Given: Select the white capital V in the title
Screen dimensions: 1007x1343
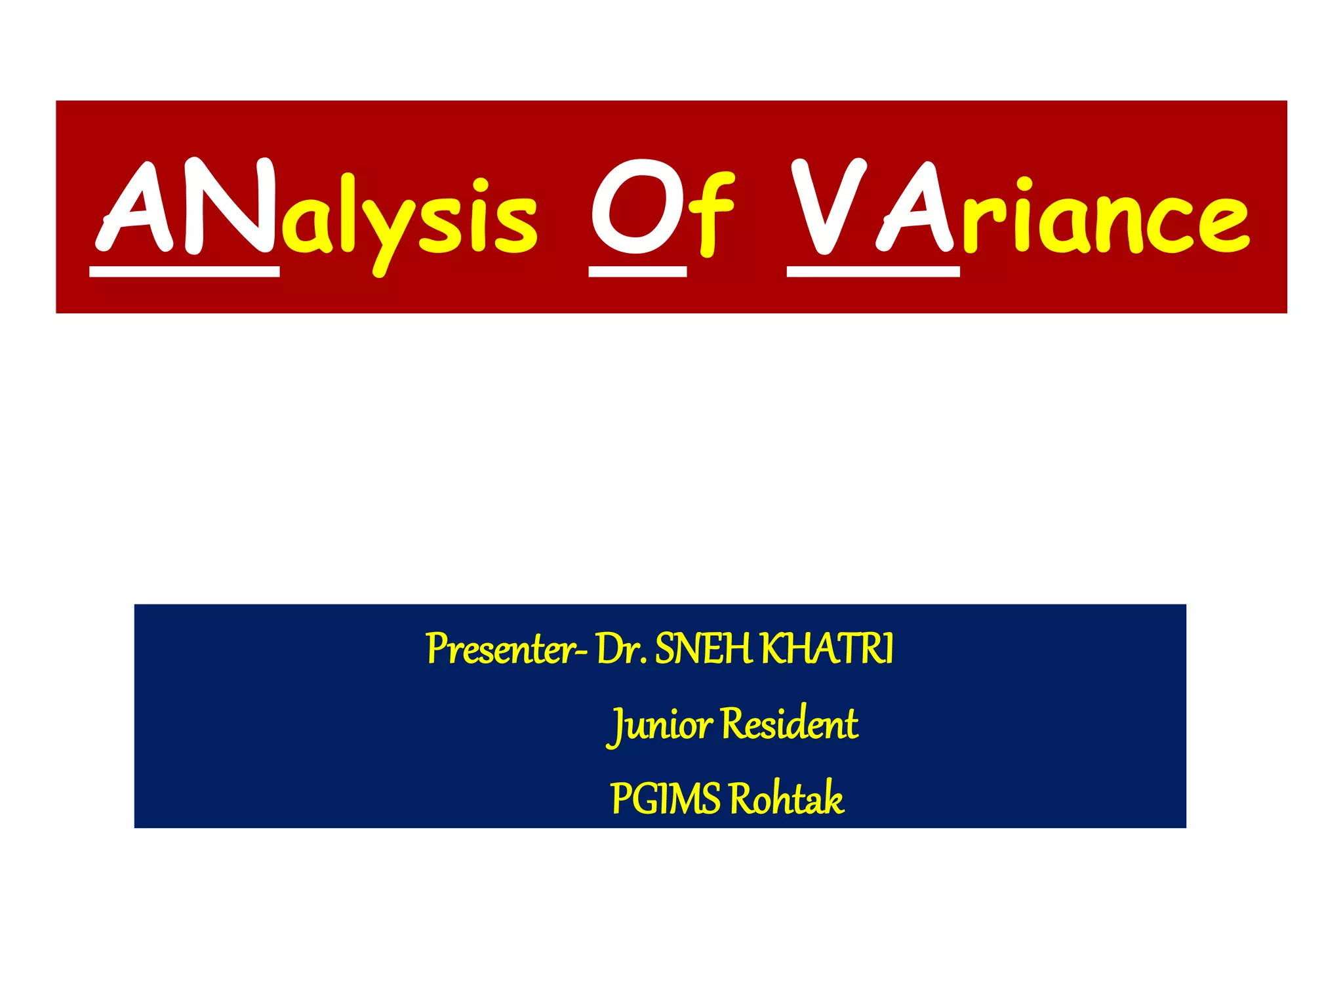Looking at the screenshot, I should [828, 206].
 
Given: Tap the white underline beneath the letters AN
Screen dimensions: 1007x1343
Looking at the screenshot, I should [184, 271].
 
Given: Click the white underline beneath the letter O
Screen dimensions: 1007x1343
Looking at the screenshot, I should [637, 271].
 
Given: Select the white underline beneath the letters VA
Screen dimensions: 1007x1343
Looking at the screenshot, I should [873, 271].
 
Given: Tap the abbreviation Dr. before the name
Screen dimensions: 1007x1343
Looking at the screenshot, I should [622, 649].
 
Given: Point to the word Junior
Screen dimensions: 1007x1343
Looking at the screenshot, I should [660, 725].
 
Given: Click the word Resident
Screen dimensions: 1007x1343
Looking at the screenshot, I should [790, 724].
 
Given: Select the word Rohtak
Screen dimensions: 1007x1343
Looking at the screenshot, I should [786, 799].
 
